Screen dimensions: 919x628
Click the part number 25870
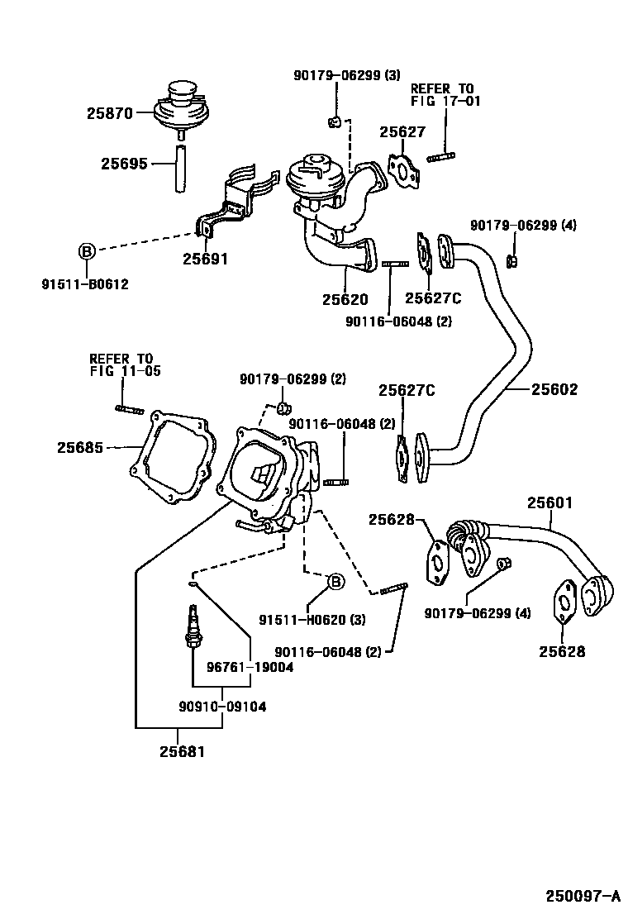pyautogui.click(x=109, y=114)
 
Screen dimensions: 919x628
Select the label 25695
pyautogui.click(x=124, y=164)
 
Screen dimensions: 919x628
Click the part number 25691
pyautogui.click(x=205, y=259)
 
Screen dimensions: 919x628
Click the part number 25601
pyautogui.click(x=551, y=502)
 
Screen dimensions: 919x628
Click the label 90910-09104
pyautogui.click(x=222, y=707)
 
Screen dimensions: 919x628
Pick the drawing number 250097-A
pyautogui.click(x=582, y=896)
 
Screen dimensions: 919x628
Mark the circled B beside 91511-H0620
pyautogui.click(x=335, y=582)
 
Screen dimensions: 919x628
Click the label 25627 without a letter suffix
pyautogui.click(x=402, y=131)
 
